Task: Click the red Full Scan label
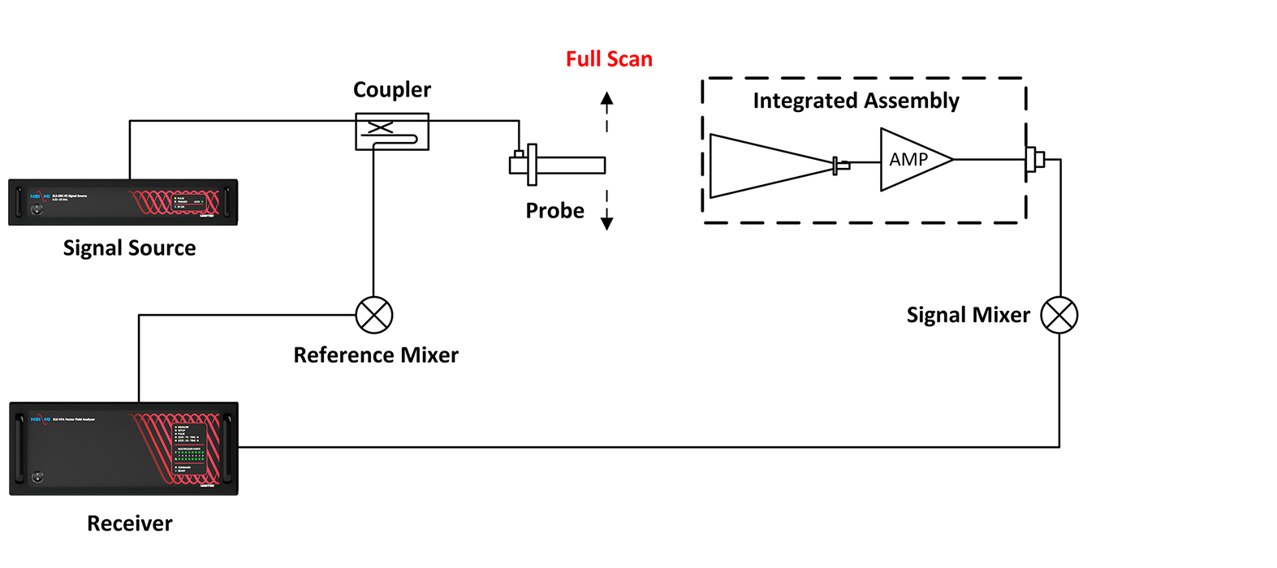(609, 59)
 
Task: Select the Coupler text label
(392, 90)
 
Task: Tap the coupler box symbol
(392, 131)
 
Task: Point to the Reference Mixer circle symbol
(374, 315)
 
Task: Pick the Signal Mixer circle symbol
(1059, 315)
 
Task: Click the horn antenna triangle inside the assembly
(763, 166)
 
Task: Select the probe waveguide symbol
(560, 165)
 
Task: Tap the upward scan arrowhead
(606, 98)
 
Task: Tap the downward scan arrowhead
(606, 223)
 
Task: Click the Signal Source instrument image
(123, 202)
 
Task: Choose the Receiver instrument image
(123, 448)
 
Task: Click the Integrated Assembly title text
(856, 101)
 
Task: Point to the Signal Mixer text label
(968, 315)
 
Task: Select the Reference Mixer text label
(376, 355)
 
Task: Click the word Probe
(554, 211)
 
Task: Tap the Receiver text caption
(130, 523)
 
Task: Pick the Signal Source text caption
(130, 248)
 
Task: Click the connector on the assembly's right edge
(1034, 160)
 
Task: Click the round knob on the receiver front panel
(37, 476)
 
